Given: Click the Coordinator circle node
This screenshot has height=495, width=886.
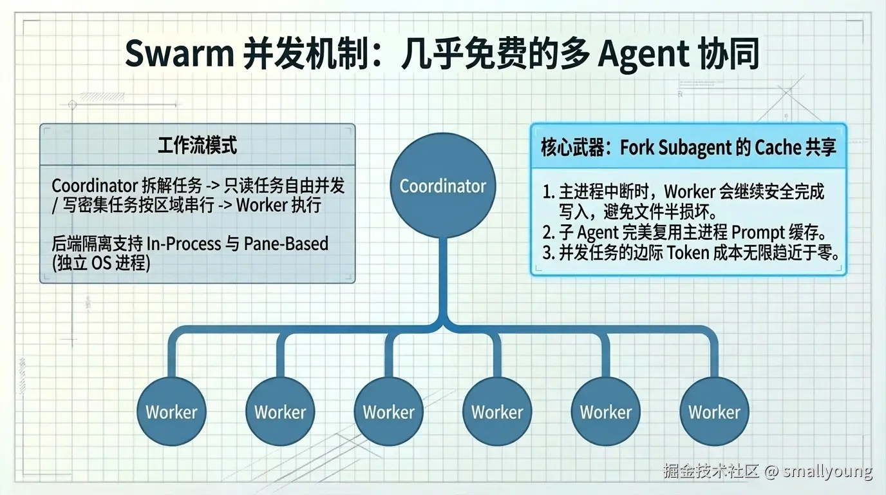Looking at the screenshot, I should tap(443, 186).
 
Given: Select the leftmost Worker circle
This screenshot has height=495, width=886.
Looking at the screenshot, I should tap(171, 412).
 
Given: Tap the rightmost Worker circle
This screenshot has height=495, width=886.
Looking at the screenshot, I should tap(714, 412).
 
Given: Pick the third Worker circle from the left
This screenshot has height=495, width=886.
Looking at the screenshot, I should tap(388, 412).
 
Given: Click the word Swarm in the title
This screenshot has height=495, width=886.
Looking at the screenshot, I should tap(178, 54).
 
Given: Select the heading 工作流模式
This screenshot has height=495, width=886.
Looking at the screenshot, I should tap(197, 145).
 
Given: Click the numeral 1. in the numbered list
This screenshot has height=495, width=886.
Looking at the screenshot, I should tap(548, 191).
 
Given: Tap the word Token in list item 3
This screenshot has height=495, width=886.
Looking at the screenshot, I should tap(688, 252).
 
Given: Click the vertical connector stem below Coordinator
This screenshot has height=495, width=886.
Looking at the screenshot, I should tap(443, 277).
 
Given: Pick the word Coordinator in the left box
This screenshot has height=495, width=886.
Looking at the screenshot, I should tap(93, 186).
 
